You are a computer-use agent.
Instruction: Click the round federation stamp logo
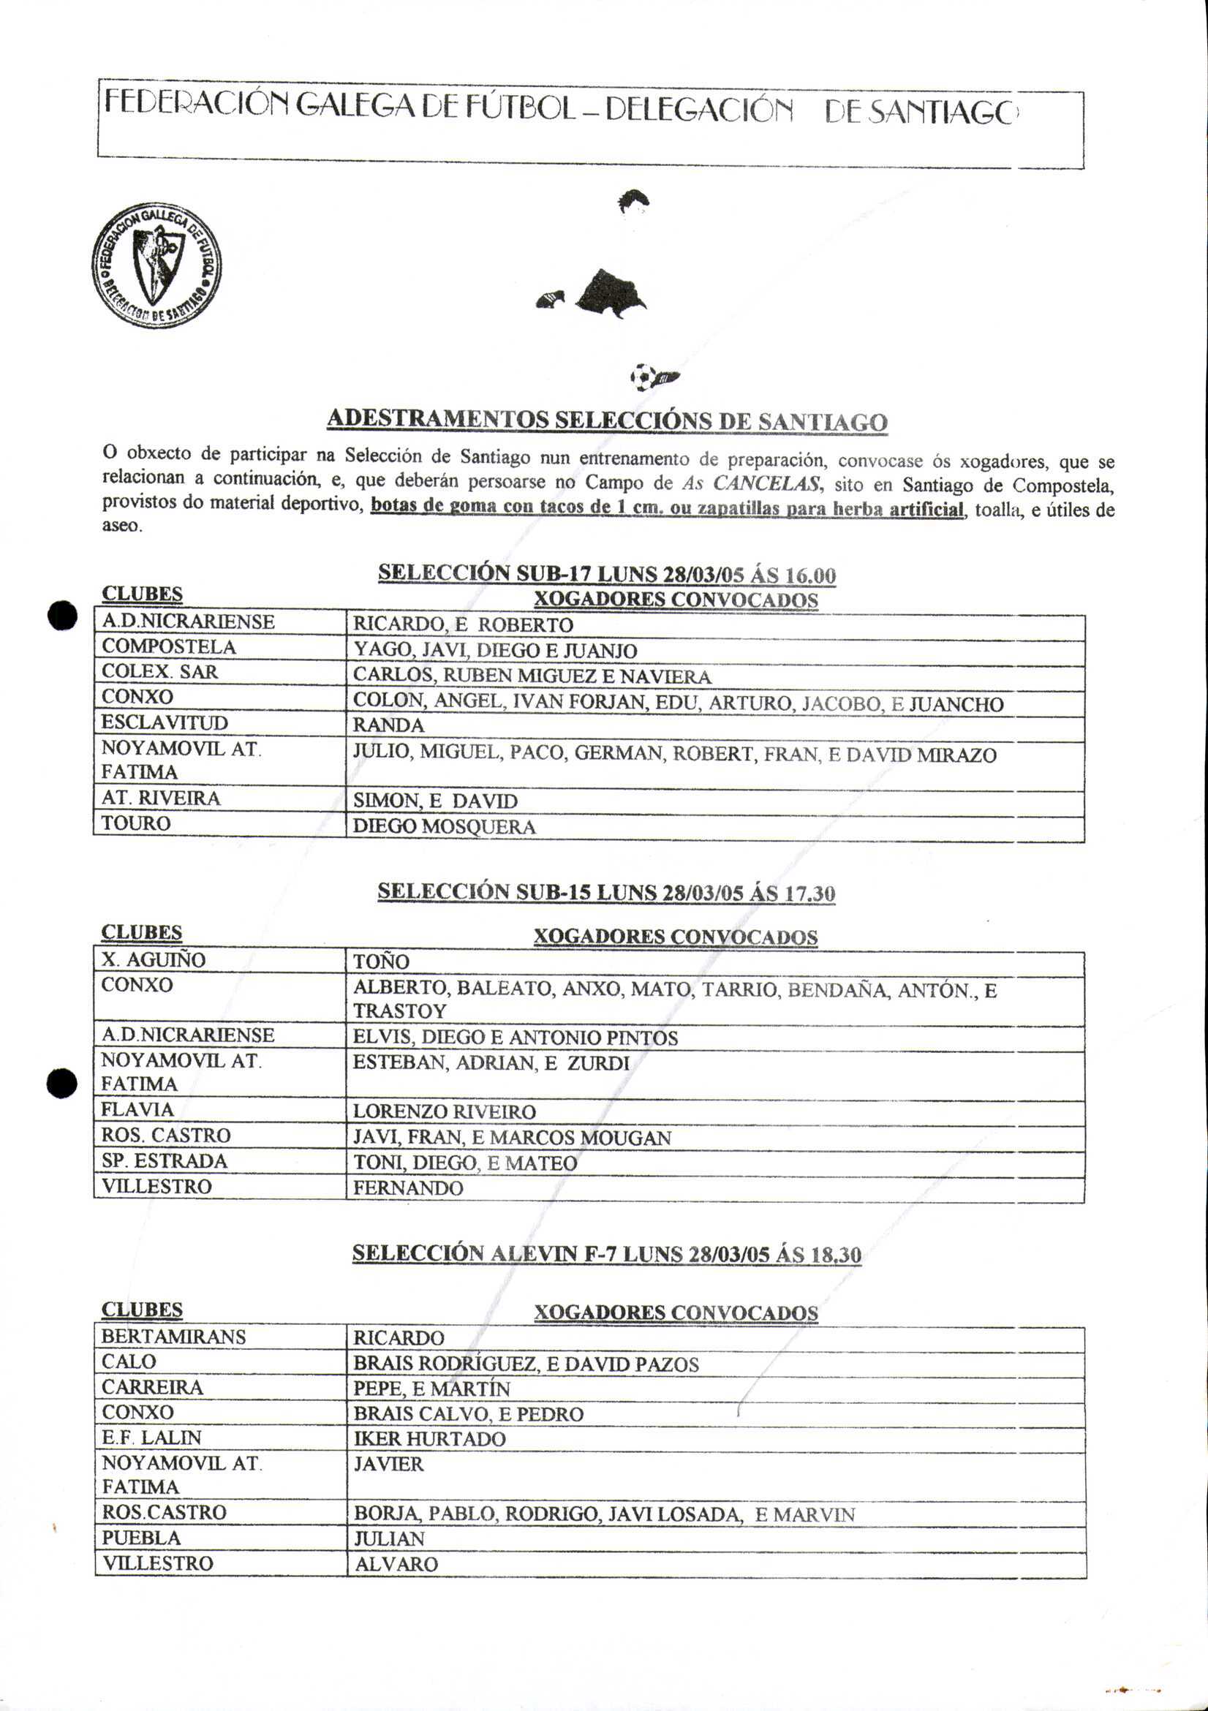156,266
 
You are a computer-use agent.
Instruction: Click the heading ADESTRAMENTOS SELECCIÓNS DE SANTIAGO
607,421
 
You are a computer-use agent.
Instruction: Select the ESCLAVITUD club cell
165,723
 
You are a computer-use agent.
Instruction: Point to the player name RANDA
388,725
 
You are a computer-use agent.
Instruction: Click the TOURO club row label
136,823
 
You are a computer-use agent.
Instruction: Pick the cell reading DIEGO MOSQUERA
444,826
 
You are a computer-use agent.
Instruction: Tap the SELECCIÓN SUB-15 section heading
606,893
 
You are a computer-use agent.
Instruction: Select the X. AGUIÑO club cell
154,960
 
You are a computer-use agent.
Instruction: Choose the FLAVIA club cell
138,1110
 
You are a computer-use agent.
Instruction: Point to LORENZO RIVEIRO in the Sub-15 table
444,1112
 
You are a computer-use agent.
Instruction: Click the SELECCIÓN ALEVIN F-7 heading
607,1253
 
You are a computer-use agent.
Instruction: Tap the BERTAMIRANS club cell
173,1337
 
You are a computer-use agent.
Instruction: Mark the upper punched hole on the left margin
62,616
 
